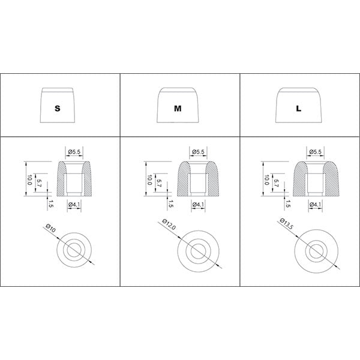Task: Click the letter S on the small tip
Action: click(58, 109)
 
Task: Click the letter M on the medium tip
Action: click(178, 109)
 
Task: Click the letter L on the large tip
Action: click(298, 109)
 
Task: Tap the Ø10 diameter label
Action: click(50, 228)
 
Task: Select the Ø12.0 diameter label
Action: click(169, 224)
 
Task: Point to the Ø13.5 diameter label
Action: click(287, 224)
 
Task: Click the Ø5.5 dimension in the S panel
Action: click(74, 152)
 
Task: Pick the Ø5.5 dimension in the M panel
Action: click(198, 152)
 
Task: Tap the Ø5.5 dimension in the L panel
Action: click(316, 152)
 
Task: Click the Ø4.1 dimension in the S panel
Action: click(74, 204)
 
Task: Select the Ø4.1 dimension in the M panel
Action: click(198, 204)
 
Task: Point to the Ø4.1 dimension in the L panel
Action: click(316, 204)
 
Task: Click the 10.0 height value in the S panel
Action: click(29, 180)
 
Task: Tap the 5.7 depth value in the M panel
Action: click(159, 183)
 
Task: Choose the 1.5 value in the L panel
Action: click(287, 203)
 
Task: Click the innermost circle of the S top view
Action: click(74, 250)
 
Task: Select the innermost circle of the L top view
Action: click(316, 251)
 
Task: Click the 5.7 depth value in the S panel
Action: click(39, 183)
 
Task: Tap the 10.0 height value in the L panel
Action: click(266, 180)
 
